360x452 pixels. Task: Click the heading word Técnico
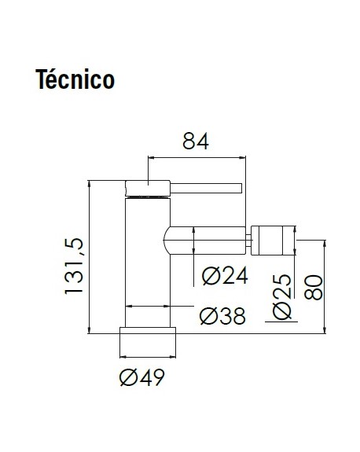[75, 79]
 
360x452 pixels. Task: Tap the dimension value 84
[196, 141]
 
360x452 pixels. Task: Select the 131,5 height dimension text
[74, 266]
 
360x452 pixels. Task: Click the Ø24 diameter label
[225, 276]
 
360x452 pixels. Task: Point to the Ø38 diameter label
[222, 316]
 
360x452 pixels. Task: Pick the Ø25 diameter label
[282, 297]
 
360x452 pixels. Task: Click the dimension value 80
[314, 288]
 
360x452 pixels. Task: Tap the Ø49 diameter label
[141, 377]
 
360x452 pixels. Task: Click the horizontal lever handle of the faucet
[206, 188]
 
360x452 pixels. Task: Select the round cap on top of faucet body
[148, 188]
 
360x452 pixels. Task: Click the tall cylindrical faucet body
[148, 263]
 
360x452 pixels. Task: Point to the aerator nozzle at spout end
[274, 241]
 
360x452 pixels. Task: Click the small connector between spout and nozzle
[248, 241]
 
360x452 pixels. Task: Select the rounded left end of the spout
[167, 241]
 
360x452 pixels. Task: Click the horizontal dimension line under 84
[197, 157]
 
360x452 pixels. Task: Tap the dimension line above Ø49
[148, 357]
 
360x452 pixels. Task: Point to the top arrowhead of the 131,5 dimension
[90, 183]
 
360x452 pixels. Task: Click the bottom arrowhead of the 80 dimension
[325, 330]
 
